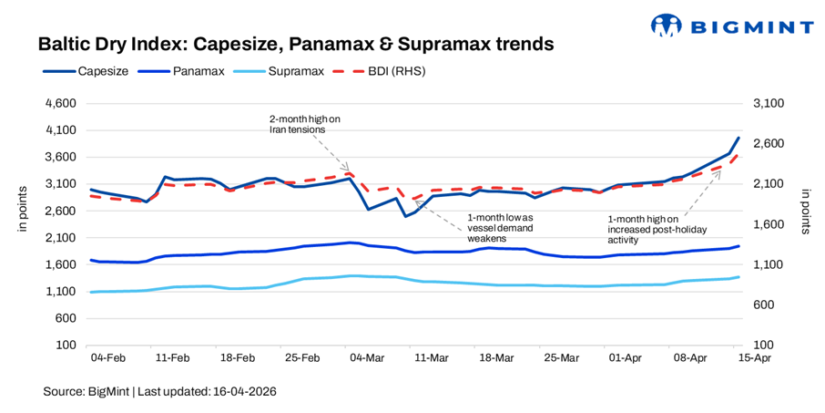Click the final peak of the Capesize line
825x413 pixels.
pos(738,138)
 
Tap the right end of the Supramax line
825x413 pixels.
pos(738,277)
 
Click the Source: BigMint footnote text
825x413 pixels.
pos(159,391)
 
